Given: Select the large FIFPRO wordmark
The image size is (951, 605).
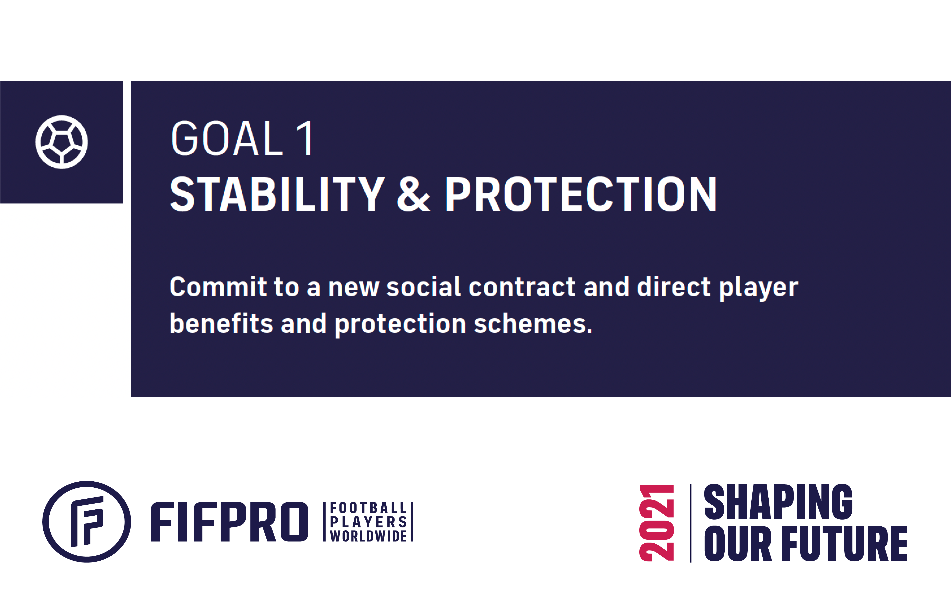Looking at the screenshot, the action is coord(229,522).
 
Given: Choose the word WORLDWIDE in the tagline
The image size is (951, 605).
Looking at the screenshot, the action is coord(368,536).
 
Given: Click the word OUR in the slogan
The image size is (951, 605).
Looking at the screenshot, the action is coord(738,543).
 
